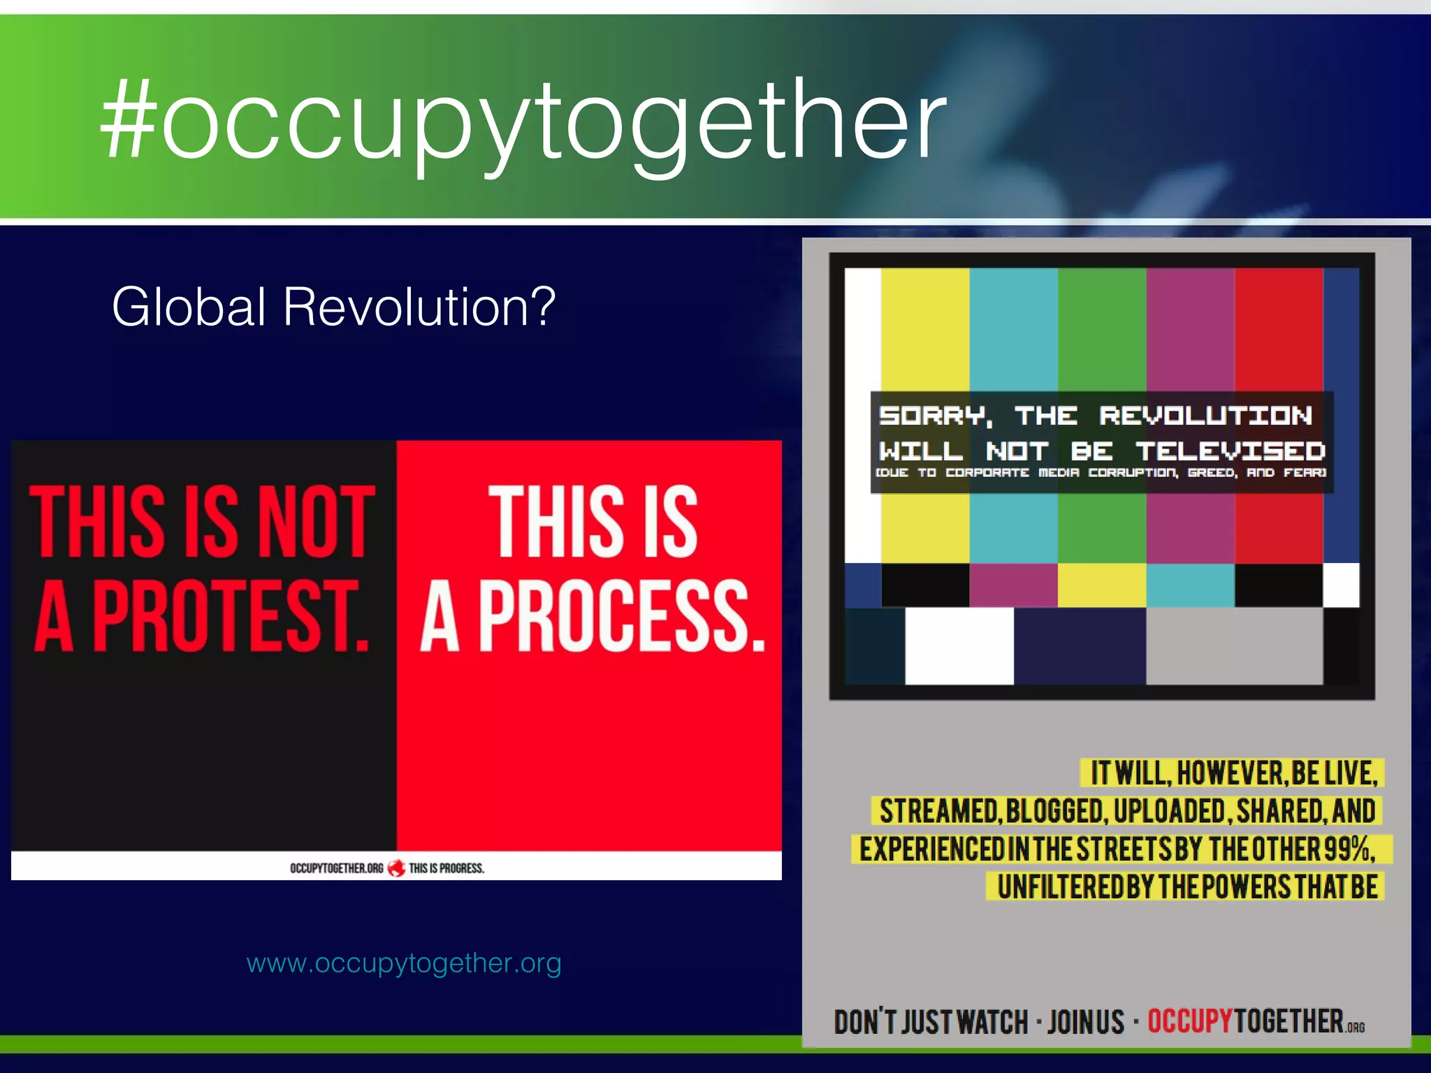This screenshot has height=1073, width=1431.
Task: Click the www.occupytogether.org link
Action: [x=404, y=963]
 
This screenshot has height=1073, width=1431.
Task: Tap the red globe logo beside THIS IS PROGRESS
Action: [x=396, y=868]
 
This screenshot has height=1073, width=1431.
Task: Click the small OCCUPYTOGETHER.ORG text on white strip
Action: [x=336, y=868]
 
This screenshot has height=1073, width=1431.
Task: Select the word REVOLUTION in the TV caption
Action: [x=1205, y=416]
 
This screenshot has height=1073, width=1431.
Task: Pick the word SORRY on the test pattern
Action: [x=935, y=416]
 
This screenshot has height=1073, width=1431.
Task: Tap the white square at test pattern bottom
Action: [x=959, y=645]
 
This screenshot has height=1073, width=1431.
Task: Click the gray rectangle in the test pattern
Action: [x=1234, y=645]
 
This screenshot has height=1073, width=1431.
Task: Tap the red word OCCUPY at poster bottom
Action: [x=1189, y=1021]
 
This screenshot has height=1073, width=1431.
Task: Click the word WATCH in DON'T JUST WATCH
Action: [x=991, y=1022]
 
